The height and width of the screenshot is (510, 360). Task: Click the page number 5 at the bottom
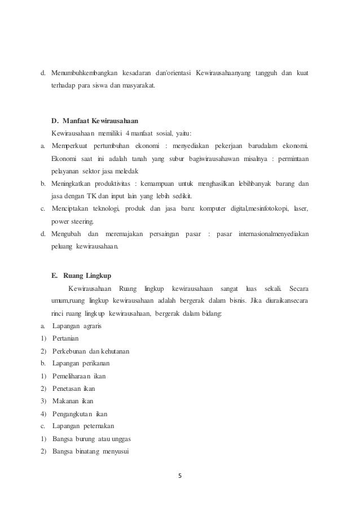point(180,474)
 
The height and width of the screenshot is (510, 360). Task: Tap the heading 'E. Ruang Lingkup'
point(81,276)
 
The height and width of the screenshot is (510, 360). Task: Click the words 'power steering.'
point(74,221)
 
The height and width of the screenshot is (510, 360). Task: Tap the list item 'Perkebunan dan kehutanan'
point(91,351)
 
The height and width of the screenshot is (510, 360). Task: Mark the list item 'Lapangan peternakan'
point(85,426)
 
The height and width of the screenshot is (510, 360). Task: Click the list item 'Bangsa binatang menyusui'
point(91,451)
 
